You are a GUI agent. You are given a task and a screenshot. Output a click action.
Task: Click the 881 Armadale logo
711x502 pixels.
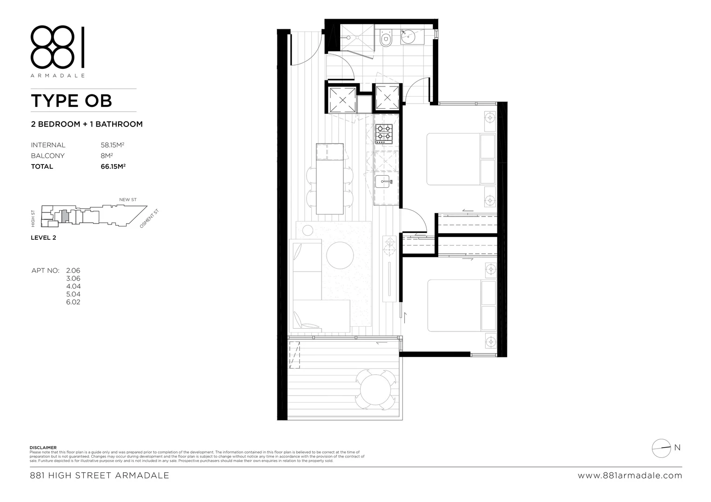click(58, 50)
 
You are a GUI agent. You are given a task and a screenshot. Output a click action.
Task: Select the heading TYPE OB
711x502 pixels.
click(71, 101)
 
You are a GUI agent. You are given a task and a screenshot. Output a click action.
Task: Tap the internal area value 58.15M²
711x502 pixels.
click(113, 145)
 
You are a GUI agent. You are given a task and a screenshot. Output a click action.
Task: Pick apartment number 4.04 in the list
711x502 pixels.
click(73, 286)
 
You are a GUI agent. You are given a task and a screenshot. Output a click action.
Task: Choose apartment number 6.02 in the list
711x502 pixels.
click(73, 302)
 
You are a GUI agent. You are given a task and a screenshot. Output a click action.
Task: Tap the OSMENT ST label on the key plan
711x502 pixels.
click(149, 218)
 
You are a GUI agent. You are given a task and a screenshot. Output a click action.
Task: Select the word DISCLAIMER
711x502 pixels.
click(43, 448)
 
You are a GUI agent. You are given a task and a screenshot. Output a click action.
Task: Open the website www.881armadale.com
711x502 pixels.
click(630, 476)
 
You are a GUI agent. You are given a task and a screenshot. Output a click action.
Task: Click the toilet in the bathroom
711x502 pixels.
click(386, 39)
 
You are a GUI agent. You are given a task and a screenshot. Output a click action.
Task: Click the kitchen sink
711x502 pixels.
click(384, 182)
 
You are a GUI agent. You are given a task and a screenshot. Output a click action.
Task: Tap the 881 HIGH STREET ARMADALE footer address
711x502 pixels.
click(99, 476)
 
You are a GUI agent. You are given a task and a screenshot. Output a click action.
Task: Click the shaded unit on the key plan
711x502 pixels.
click(66, 216)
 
